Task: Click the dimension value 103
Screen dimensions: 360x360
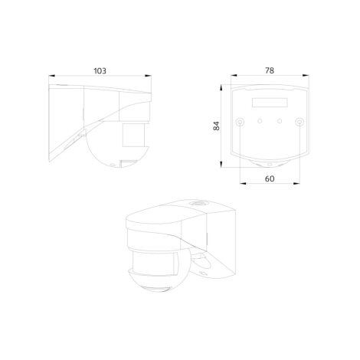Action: pyautogui.click(x=100, y=70)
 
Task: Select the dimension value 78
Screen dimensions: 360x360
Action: pyautogui.click(x=270, y=70)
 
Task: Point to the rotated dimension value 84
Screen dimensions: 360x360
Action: pyautogui.click(x=216, y=126)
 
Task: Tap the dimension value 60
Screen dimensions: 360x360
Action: pyautogui.click(x=270, y=178)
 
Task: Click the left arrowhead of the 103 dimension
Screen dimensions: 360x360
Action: pyautogui.click(x=52, y=76)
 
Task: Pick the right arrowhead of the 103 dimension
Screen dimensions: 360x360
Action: pyautogui.click(x=148, y=76)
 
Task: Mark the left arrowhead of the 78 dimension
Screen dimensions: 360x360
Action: pyautogui.click(x=234, y=75)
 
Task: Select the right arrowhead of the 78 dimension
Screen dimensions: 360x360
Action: pyautogui.click(x=306, y=75)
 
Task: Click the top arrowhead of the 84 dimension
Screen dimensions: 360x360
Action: pyautogui.click(x=221, y=87)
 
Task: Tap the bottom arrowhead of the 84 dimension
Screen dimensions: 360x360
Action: pyautogui.click(x=221, y=164)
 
